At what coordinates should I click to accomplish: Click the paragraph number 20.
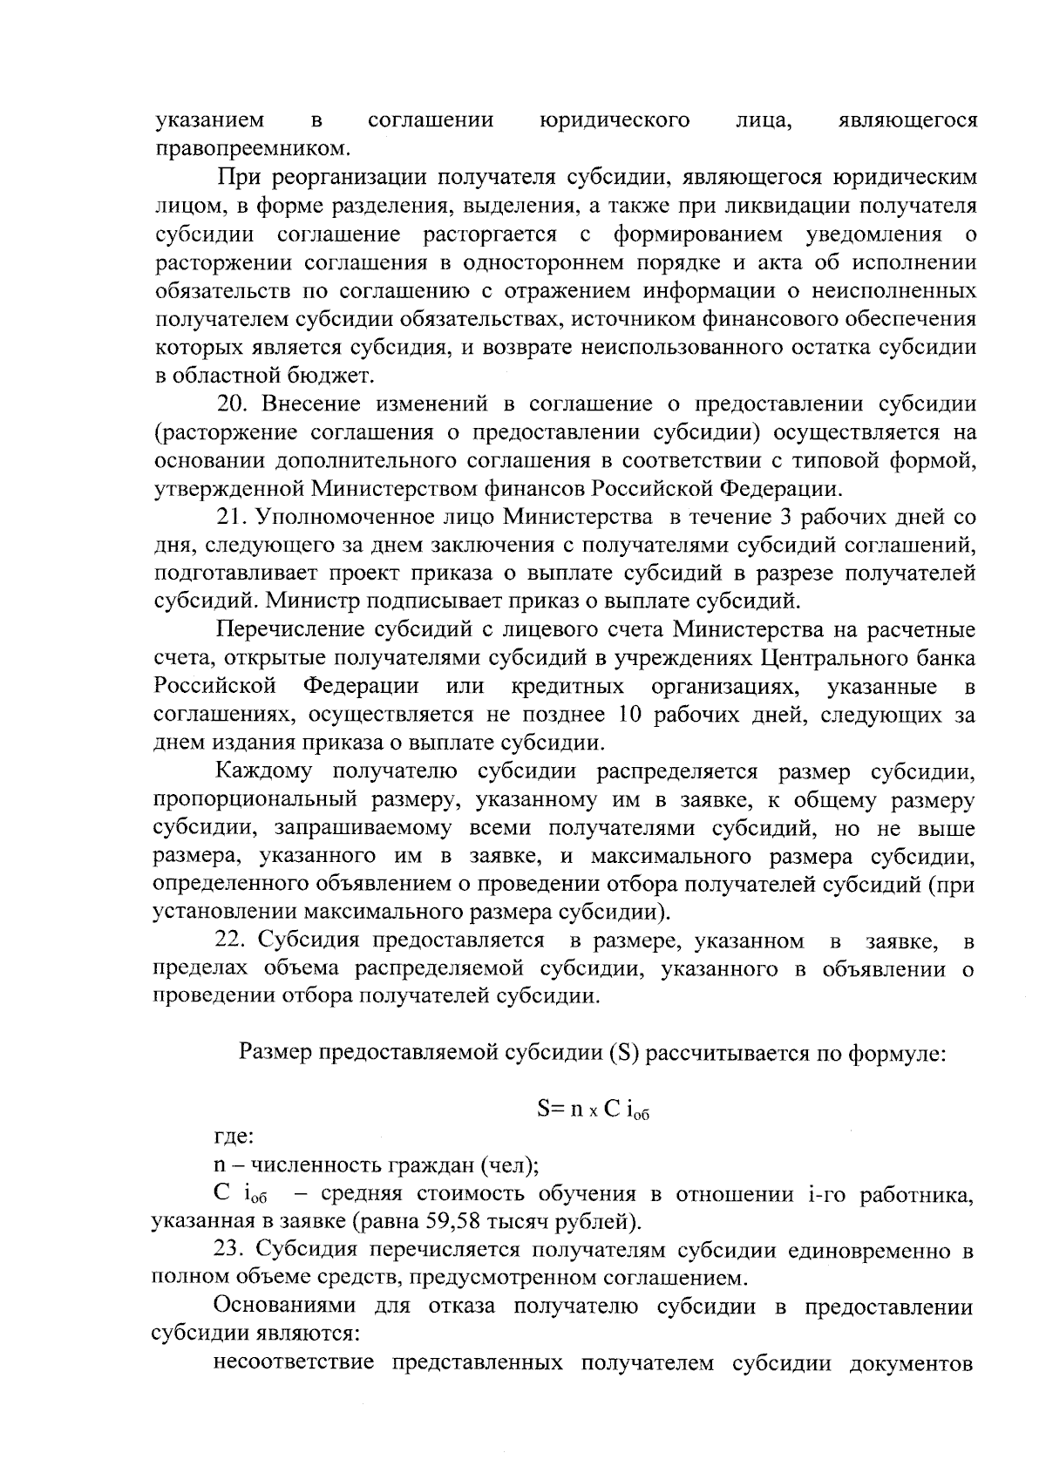point(231,404)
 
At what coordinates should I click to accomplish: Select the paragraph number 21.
point(231,518)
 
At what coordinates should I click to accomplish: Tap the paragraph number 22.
point(231,941)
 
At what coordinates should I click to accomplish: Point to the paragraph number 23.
point(231,1250)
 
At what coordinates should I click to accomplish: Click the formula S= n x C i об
point(594,1110)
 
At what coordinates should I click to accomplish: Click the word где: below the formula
point(234,1137)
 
